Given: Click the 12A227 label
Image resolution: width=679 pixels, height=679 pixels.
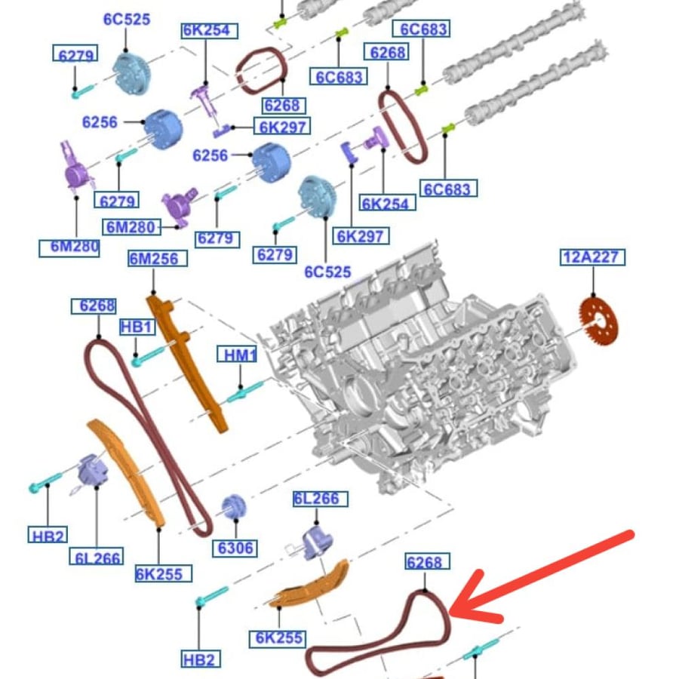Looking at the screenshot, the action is [592, 257].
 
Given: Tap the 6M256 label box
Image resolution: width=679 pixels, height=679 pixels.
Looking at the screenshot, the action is [158, 259].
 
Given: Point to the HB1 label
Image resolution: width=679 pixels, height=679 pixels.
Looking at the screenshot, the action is [137, 327].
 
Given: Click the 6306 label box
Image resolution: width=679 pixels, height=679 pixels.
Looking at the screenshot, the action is [235, 548].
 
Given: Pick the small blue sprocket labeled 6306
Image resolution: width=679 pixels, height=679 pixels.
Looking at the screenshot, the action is [234, 507].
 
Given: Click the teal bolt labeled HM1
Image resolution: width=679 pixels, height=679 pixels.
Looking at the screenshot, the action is [244, 391].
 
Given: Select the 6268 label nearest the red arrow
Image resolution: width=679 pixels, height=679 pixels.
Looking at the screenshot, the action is [428, 562].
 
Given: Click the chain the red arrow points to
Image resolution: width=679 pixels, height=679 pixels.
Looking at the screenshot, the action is [446, 624].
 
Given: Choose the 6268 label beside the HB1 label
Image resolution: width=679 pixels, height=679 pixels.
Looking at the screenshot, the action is [94, 306].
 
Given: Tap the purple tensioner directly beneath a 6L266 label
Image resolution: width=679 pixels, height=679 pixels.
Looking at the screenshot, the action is [318, 543].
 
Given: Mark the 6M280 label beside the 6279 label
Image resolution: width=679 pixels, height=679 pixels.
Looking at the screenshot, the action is [131, 227].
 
